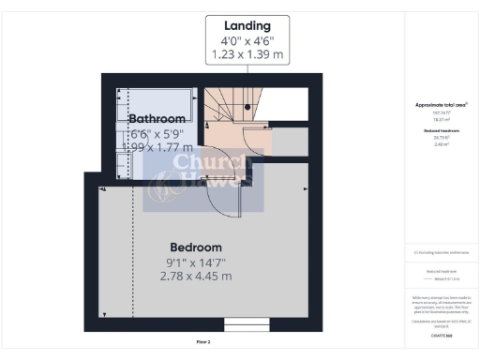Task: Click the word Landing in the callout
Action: [247, 25]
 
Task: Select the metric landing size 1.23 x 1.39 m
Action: [247, 56]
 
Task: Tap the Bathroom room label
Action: [157, 119]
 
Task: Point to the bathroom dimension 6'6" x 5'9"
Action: [157, 133]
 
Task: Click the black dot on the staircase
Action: [247, 108]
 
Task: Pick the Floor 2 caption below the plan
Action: [203, 343]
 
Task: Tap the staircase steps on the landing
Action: [225, 101]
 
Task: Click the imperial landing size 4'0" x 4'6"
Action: [247, 41]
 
